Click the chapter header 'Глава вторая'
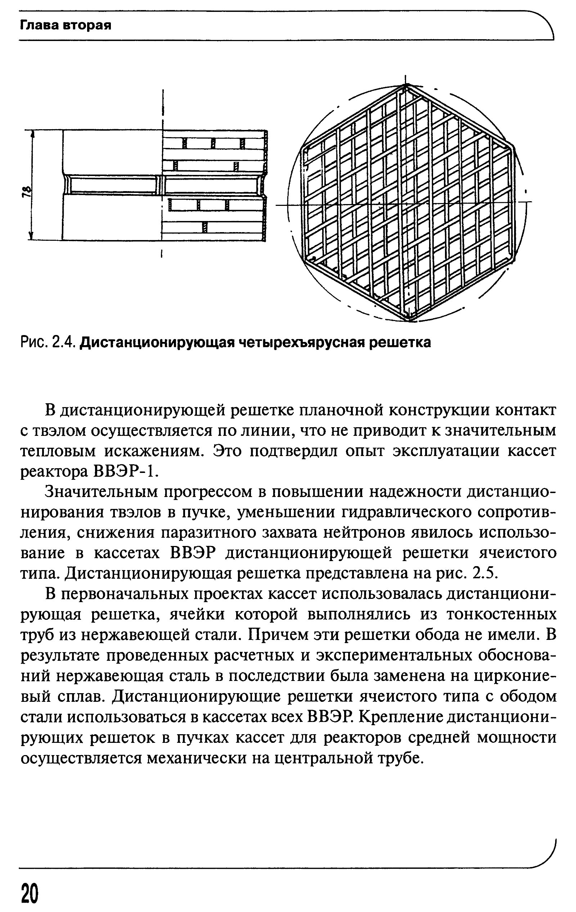(65, 26)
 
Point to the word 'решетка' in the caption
(400, 342)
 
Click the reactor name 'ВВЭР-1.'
(125, 472)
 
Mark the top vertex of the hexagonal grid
(406, 86)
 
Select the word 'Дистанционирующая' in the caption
(159, 342)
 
